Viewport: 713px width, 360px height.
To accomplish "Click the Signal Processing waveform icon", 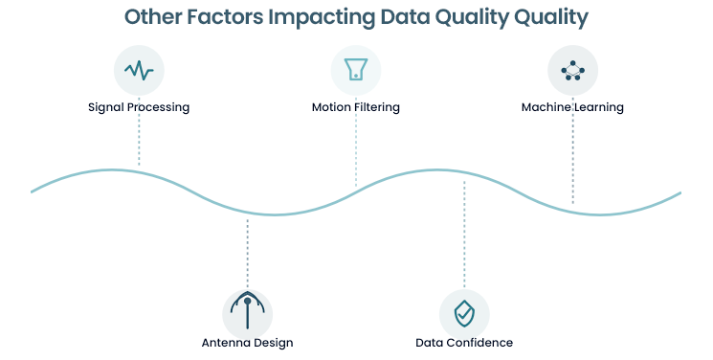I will point(139,70).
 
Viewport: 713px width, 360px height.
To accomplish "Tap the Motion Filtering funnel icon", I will point(356,70).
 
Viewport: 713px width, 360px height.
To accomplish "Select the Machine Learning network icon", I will point(572,70).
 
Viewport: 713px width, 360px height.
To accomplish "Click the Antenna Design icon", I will point(248,310).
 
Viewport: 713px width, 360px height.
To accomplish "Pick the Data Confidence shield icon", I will point(464,311).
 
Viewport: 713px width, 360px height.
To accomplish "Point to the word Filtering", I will point(374,107).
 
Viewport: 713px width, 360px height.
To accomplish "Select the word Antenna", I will point(227,343).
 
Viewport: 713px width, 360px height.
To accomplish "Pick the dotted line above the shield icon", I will point(464,235).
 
